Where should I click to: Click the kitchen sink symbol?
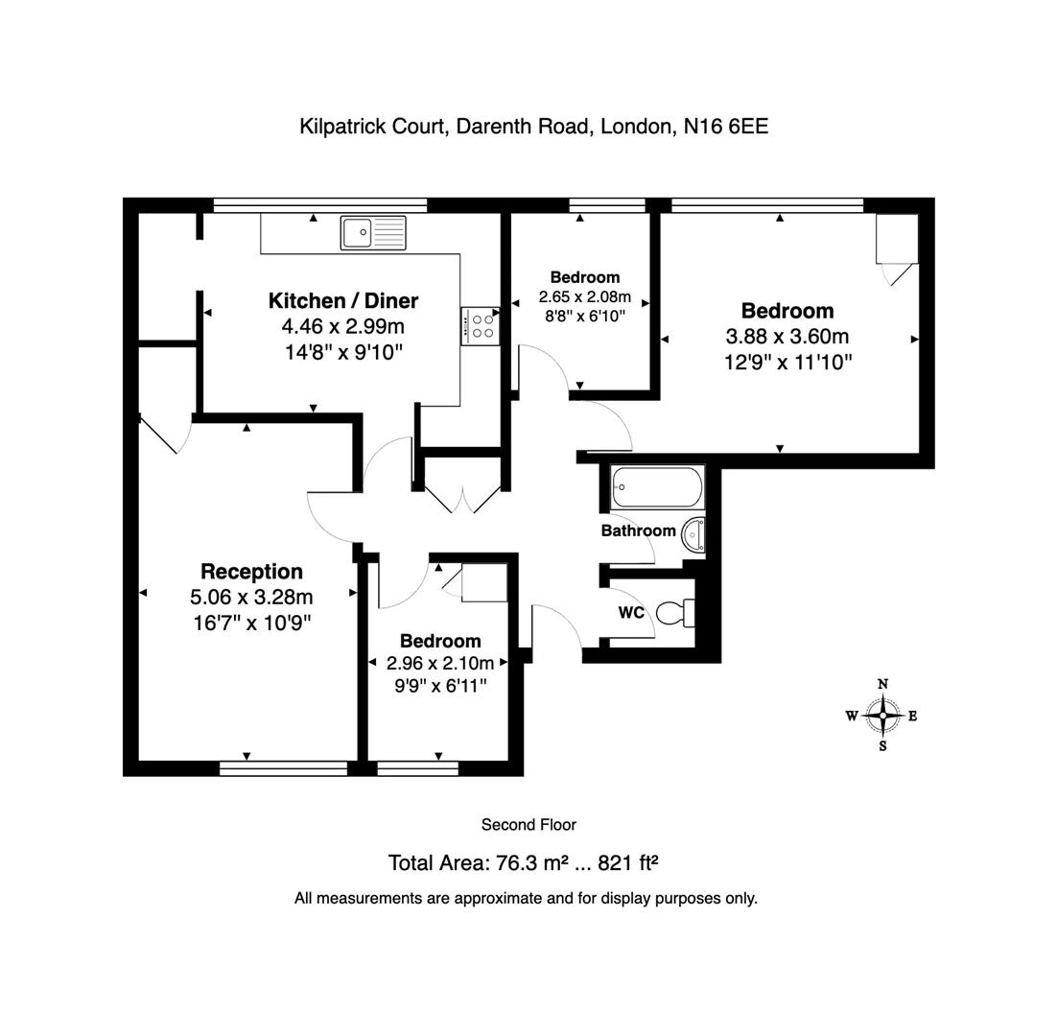[x=373, y=233]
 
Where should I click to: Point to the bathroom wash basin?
[x=693, y=535]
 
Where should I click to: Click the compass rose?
[x=881, y=716]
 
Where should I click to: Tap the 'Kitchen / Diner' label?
[x=342, y=301]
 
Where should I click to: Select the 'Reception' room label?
[x=251, y=572]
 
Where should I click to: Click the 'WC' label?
[x=630, y=613]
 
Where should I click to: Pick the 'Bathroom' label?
[x=638, y=530]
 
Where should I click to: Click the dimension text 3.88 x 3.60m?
[x=787, y=337]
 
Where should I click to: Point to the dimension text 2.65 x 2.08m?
[x=584, y=297]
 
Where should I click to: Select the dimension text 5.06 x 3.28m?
[x=251, y=597]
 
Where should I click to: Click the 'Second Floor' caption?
[x=528, y=825]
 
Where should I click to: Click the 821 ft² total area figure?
[x=627, y=862]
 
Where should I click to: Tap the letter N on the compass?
[x=882, y=684]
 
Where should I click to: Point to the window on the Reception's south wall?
[x=283, y=767]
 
